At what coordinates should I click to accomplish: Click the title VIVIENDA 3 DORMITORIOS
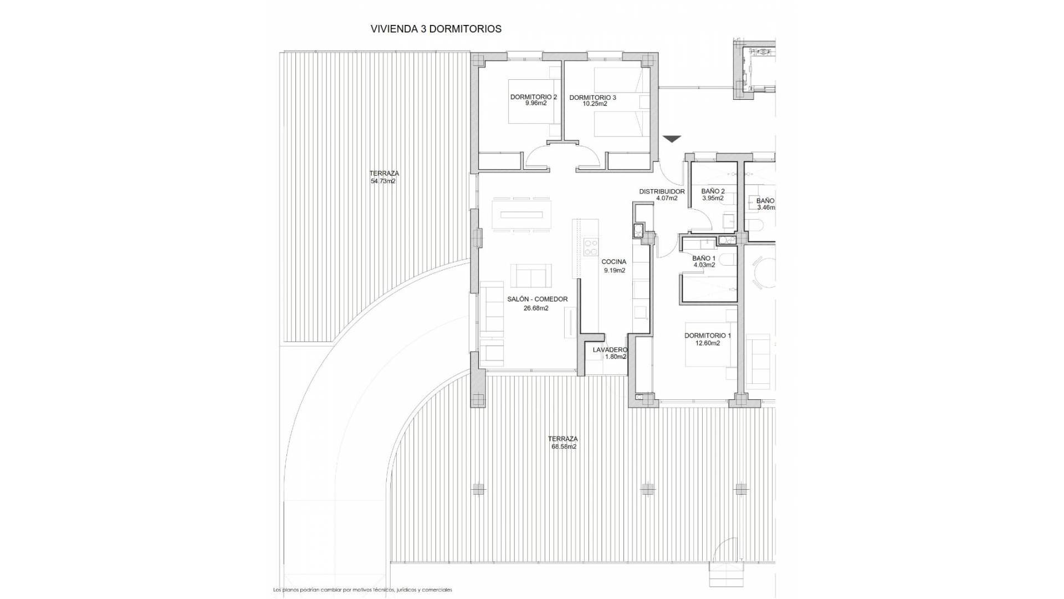pos(436,29)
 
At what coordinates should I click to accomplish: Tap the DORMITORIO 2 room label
pos(533,97)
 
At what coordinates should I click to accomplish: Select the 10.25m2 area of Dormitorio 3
pos(595,104)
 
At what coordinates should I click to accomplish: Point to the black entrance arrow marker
pos(672,139)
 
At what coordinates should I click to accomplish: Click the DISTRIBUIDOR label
pos(662,191)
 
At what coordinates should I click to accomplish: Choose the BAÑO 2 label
pos(713,191)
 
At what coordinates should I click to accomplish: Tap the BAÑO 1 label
pos(704,258)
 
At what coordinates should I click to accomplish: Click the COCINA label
pos(613,261)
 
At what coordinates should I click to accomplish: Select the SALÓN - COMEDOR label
pos(537,299)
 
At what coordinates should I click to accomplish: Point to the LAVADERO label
pos(610,350)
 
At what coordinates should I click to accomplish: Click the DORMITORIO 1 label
pos(707,336)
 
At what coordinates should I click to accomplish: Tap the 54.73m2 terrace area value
pos(383,181)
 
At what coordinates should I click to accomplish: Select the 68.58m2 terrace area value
pos(564,446)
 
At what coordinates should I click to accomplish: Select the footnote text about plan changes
pos(362,590)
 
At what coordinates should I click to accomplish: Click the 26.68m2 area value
pos(536,308)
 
